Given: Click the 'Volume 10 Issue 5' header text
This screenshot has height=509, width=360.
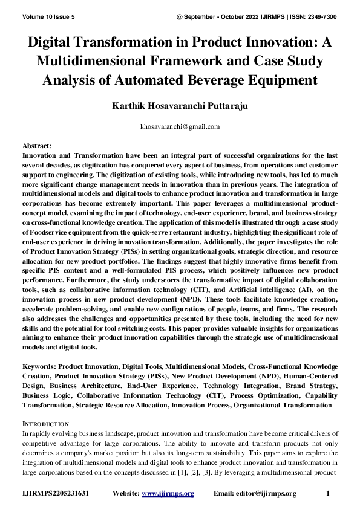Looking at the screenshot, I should [48, 8].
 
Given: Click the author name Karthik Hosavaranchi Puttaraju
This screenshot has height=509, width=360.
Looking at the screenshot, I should [180, 106].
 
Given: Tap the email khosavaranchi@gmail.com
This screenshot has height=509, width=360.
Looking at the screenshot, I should [180, 127].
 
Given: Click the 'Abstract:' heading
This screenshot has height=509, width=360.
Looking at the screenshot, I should [37, 147].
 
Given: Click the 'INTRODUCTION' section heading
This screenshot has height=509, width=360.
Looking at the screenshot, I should [45, 424].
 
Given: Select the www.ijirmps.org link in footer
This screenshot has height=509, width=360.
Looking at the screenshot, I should [168, 493].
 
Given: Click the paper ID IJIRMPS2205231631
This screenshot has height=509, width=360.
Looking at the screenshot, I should [56, 493].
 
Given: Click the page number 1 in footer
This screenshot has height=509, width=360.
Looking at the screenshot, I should [327, 493].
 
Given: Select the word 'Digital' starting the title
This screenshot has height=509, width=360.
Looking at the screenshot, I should [54, 43].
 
